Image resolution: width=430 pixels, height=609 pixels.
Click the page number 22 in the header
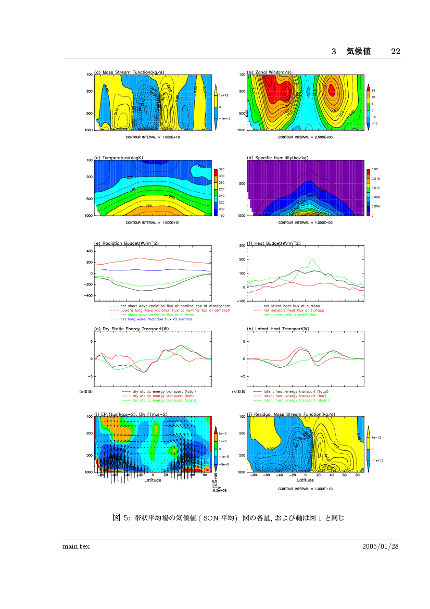(x=395, y=51)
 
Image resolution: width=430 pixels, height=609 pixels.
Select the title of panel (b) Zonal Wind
(x=269, y=72)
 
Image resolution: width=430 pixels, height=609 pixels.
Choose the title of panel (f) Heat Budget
(x=274, y=243)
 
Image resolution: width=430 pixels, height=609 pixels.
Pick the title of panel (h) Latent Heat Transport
(x=278, y=329)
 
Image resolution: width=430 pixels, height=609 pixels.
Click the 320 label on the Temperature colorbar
(x=221, y=170)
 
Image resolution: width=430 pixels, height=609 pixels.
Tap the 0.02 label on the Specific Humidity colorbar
(x=375, y=170)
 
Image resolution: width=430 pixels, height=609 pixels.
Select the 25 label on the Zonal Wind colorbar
(x=373, y=91)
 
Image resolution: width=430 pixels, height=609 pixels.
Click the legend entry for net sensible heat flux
(x=294, y=310)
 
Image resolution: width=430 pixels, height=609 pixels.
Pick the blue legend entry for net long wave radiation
(x=156, y=319)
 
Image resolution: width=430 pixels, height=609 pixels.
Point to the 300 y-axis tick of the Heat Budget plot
(x=242, y=245)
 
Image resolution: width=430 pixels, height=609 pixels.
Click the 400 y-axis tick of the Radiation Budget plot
(x=88, y=251)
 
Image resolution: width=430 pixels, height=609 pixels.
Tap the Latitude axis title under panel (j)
(x=306, y=480)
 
